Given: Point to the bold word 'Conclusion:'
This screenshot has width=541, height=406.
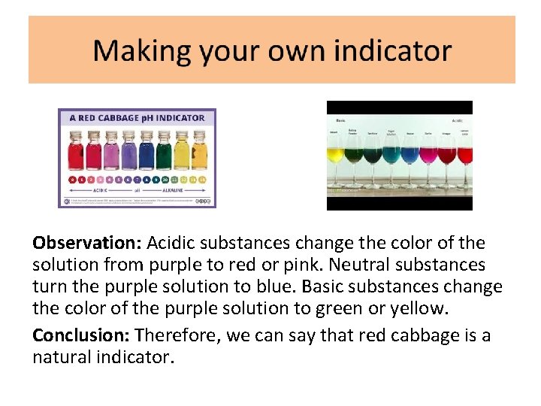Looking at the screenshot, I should [81, 335].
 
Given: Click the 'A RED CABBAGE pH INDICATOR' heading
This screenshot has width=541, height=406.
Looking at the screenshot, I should [137, 117].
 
